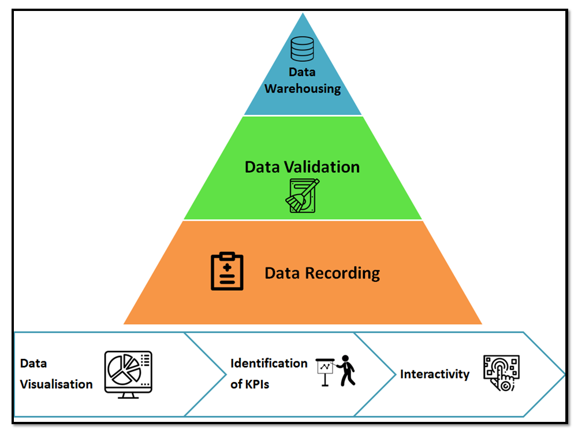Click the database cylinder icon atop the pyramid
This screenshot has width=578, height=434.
pos(302,49)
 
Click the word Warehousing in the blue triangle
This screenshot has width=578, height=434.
pos(303,89)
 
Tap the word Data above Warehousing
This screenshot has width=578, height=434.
pos(303,72)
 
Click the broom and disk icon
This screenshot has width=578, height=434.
pos(302,196)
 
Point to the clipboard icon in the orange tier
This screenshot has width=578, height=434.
pos(227,271)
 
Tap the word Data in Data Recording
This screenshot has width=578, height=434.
pos(282,273)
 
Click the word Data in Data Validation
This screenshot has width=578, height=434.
pos(263,167)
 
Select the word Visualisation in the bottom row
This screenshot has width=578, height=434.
pos(57,384)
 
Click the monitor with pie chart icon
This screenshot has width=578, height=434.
pos(128,373)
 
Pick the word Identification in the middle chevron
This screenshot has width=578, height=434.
pos(269,363)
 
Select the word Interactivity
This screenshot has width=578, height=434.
pos(435,374)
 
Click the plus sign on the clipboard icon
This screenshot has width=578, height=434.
pos(227,268)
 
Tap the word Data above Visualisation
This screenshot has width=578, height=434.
pos(33,363)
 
